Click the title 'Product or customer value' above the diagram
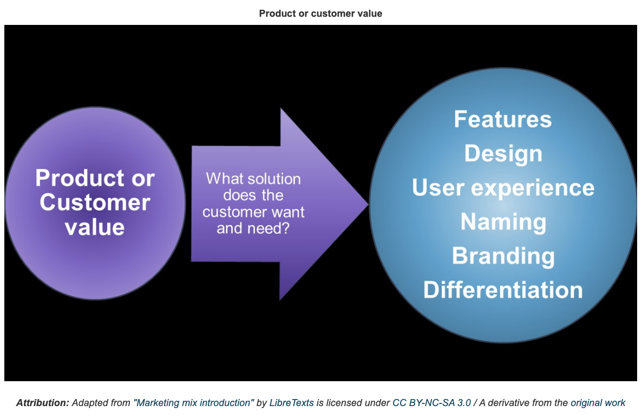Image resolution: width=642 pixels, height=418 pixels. tap(320, 14)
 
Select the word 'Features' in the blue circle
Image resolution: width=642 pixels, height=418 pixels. tap(503, 119)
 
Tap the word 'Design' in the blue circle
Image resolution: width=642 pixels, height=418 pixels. tap(503, 154)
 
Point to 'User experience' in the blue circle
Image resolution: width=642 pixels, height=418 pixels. tap(503, 188)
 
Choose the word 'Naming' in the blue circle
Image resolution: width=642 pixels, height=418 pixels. tap(503, 223)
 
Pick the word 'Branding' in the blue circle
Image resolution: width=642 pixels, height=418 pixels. tap(503, 256)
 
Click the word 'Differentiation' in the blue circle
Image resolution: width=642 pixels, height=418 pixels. tap(503, 290)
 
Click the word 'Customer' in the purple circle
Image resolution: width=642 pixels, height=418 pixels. tap(95, 203)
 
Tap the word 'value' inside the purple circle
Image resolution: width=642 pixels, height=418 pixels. tap(95, 227)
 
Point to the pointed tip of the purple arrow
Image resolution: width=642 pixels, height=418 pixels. tap(368, 204)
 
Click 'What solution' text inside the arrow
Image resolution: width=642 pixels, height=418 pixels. tap(253, 179)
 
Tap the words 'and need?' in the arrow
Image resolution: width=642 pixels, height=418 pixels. tap(253, 228)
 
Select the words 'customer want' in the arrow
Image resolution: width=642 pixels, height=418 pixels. tap(253, 212)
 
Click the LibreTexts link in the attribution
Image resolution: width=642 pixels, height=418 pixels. tap(292, 403)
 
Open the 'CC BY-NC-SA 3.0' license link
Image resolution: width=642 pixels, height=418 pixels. tap(431, 403)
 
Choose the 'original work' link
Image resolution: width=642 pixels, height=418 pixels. tap(598, 403)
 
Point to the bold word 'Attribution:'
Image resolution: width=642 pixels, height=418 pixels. tap(43, 403)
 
